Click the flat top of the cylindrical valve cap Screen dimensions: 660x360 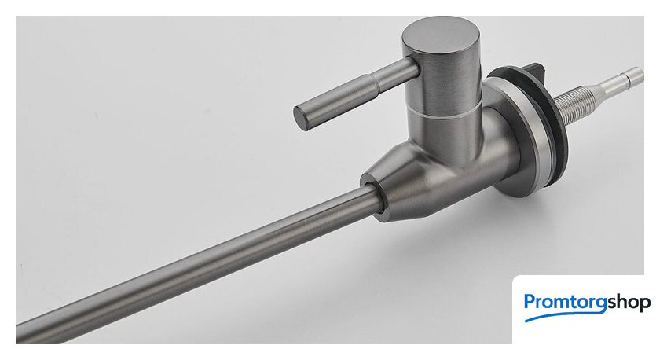click(441, 36)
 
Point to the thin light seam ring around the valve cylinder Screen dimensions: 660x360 click(444, 110)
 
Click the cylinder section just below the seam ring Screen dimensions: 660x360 click(446, 134)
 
